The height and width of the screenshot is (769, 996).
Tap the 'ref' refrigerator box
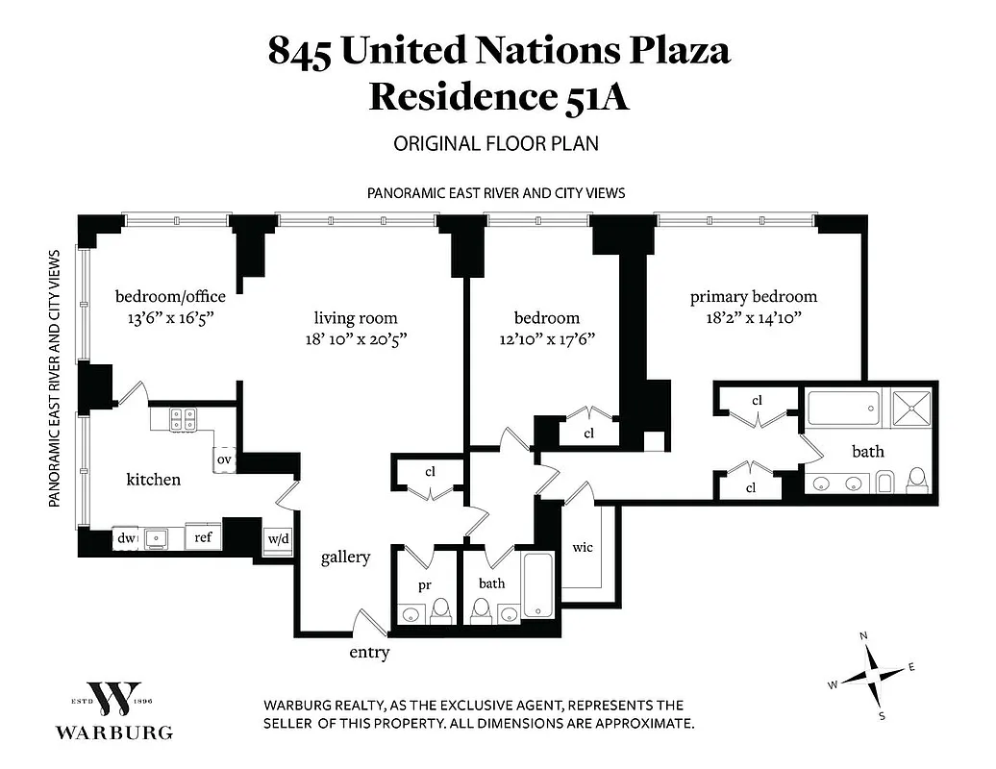(203, 537)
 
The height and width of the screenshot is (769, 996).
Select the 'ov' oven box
(225, 460)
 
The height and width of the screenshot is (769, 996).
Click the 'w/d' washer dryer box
(277, 539)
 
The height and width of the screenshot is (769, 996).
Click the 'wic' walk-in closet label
(582, 547)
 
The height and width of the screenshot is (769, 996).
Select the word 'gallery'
(345, 557)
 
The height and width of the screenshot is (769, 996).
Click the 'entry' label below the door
(369, 653)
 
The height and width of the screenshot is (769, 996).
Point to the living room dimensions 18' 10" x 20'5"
(356, 338)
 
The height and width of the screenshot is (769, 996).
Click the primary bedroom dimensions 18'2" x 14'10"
(753, 316)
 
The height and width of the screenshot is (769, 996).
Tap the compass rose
(871, 675)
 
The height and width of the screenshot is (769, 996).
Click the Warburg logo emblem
(113, 698)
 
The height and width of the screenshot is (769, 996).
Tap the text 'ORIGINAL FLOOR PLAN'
(496, 144)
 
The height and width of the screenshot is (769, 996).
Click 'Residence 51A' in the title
(499, 97)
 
